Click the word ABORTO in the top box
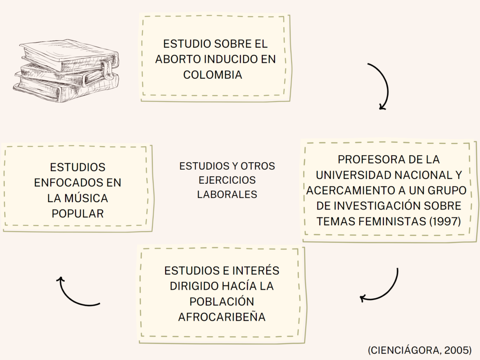[x=176, y=60]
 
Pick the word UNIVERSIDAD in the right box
[x=353, y=175]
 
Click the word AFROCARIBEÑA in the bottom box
[x=222, y=317]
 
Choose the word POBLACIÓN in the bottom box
[x=222, y=301]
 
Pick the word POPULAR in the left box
[x=77, y=213]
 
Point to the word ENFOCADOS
[x=64, y=182]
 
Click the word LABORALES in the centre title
[x=227, y=194]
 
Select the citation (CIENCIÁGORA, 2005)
[x=420, y=350]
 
